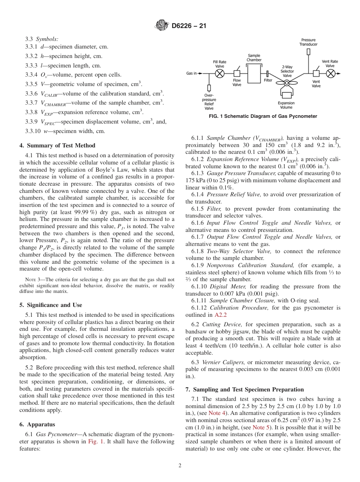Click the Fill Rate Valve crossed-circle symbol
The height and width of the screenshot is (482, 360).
tap(220, 74)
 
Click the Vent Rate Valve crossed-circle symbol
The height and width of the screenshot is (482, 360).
tap(331, 74)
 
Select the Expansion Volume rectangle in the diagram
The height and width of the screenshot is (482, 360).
tap(286, 95)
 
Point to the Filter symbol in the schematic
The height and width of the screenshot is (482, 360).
tap(268, 74)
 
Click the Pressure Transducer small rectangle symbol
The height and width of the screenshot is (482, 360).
tap(308, 52)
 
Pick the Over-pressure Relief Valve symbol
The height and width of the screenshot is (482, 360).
tap(209, 88)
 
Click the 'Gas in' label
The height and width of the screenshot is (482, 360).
tap(192, 74)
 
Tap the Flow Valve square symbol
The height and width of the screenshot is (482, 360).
tap(237, 73)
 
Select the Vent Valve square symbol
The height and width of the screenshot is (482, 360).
tap(316, 73)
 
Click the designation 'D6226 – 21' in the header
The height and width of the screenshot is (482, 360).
tap(189, 26)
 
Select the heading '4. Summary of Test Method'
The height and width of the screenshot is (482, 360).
tap(57, 146)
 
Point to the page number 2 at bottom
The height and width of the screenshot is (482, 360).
tap(180, 466)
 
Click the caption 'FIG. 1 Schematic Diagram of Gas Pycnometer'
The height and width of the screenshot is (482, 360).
tap(263, 116)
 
